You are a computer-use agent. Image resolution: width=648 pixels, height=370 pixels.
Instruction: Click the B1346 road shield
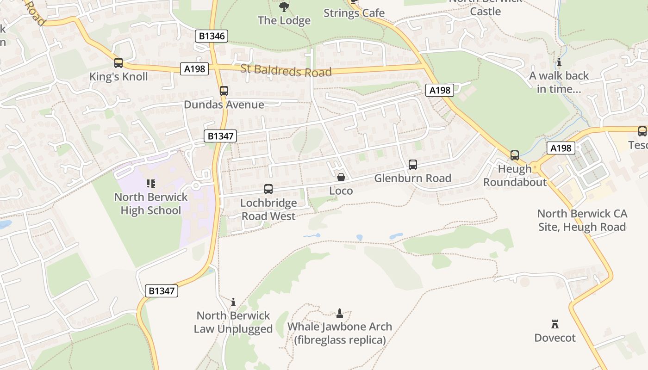(x=212, y=36)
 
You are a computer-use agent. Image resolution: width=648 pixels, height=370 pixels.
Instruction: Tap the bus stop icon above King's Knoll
(x=118, y=62)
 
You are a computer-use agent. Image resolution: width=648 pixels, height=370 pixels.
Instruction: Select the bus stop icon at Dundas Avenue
(x=224, y=91)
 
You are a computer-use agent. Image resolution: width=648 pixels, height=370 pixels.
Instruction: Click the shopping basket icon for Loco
(x=341, y=177)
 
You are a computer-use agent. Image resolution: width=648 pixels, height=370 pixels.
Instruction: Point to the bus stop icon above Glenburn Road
(x=412, y=164)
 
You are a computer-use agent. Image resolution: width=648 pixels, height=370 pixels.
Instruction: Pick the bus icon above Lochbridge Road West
(x=268, y=189)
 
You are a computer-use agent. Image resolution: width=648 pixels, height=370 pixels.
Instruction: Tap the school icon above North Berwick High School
(x=150, y=184)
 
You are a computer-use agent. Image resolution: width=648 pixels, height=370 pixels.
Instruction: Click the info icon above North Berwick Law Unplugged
(x=233, y=302)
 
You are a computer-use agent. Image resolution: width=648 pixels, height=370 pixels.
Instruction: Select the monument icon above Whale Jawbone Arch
(x=339, y=313)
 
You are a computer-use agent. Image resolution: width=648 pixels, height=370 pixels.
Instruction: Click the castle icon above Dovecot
(x=555, y=324)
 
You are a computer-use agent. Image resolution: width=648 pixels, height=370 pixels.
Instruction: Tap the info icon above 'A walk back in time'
(x=559, y=62)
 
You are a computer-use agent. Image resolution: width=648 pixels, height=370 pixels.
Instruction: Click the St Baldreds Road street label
(x=286, y=71)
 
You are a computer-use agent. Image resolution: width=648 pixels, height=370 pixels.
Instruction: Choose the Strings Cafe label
(x=354, y=13)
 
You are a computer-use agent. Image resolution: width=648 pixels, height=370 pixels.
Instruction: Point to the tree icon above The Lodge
(x=284, y=6)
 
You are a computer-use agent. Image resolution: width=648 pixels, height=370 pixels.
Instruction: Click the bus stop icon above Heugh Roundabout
(x=514, y=155)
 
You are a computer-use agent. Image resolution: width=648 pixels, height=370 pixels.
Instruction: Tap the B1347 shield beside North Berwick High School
(x=220, y=136)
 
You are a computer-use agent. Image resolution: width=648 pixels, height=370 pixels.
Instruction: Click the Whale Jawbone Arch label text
(x=340, y=327)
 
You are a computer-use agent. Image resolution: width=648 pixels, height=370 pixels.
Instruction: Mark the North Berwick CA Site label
(x=582, y=220)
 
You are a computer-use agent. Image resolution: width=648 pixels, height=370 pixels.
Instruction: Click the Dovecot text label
(x=555, y=338)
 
